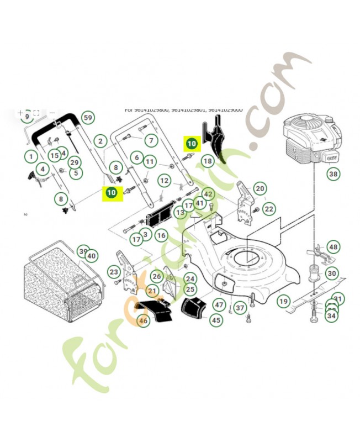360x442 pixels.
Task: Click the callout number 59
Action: point(87,118)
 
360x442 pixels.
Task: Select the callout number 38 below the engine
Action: point(333,174)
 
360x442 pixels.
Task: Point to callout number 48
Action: point(333,247)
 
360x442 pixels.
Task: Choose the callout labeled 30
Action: point(331,273)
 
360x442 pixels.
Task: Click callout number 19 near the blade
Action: point(283,301)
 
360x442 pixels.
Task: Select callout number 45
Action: point(215,320)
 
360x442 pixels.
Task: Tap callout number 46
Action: point(143,320)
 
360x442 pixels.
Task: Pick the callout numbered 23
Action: point(114,272)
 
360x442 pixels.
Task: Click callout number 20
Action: point(260,188)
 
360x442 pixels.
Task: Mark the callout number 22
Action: point(269,209)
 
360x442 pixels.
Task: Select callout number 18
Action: point(207,161)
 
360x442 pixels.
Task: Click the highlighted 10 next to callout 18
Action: point(191,144)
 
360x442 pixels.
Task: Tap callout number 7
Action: point(151,141)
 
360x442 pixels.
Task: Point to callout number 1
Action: point(30,157)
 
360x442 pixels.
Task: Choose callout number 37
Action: point(240,308)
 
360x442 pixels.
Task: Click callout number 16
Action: point(161,235)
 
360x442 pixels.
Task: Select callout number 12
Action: point(164,181)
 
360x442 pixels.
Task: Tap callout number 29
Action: point(74,162)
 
